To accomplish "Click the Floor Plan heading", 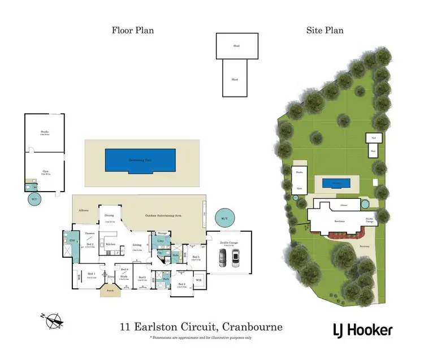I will (132, 31).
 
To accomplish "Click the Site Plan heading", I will (325, 31).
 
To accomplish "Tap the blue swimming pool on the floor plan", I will (140, 161).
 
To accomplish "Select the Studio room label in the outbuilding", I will (44, 132).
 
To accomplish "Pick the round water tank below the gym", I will (34, 199).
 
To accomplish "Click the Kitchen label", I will (111, 245).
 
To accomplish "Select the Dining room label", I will (109, 216).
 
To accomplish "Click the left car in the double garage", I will (222, 258).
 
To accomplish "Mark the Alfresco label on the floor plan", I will (83, 210).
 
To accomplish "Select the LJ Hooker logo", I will (361, 330).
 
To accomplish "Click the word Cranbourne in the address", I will (252, 327).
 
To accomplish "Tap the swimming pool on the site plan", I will (337, 183).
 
